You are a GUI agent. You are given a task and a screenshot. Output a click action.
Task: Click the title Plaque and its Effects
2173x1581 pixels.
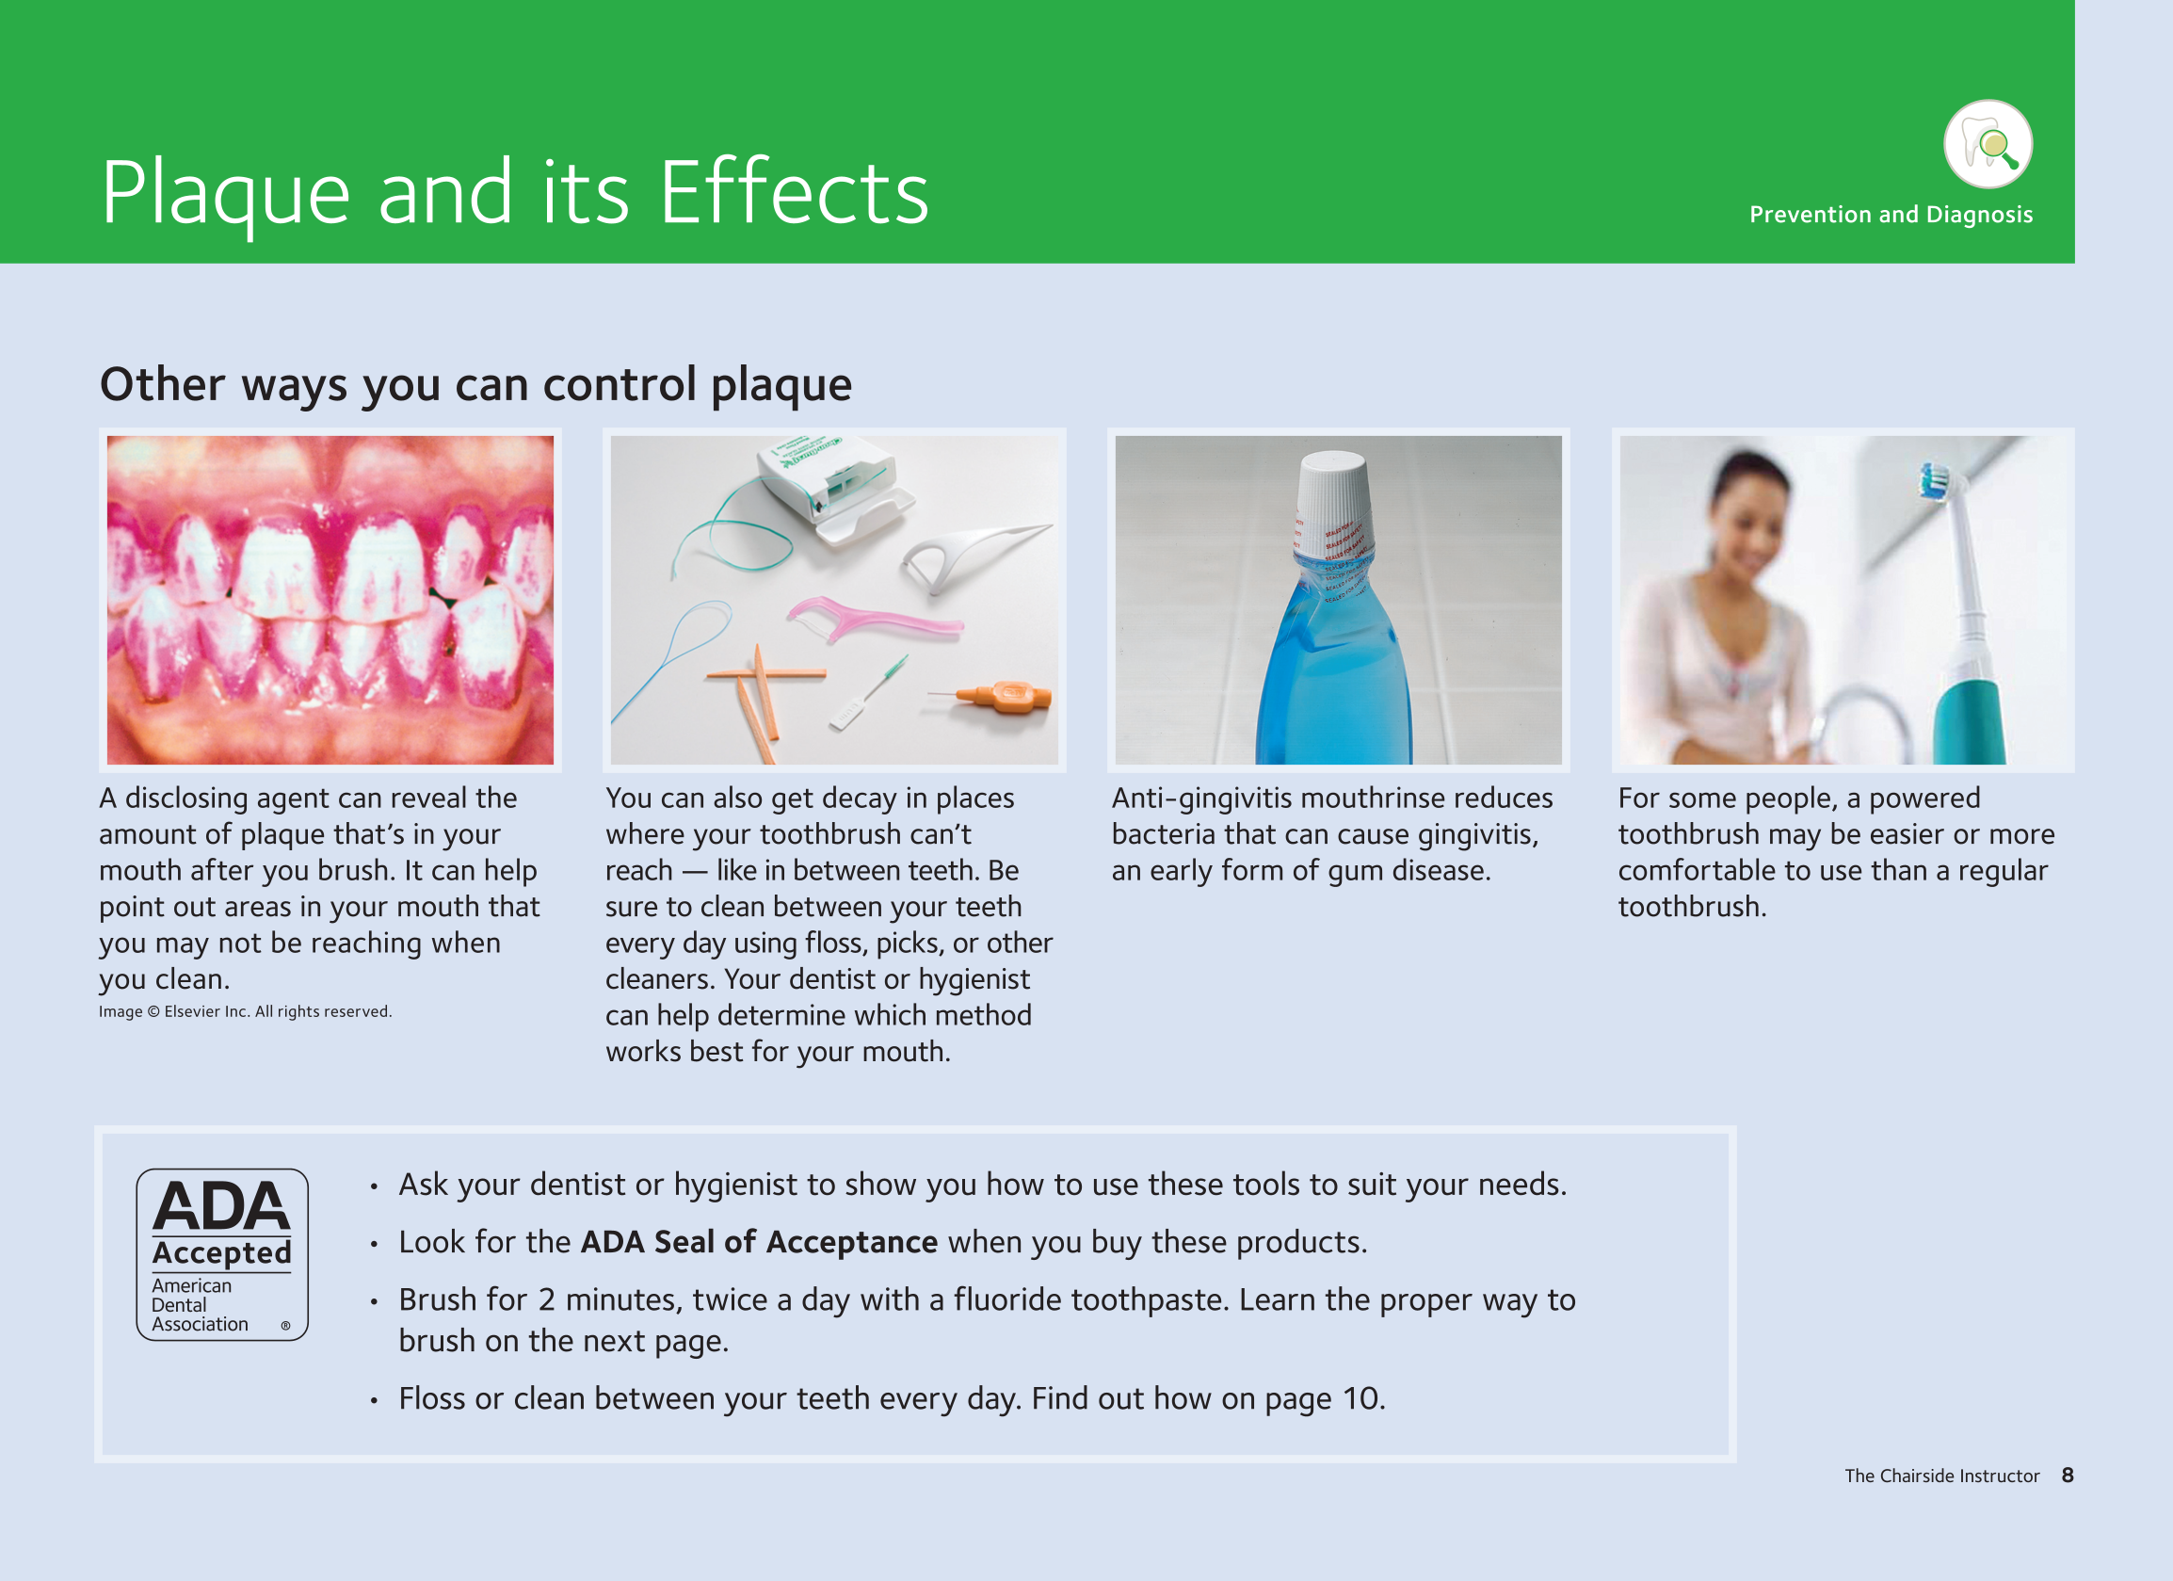tap(515, 194)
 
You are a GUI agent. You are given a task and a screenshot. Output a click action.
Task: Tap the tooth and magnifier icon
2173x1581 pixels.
tap(1988, 145)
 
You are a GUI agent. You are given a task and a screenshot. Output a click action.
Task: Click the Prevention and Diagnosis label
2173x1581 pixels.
tap(1891, 215)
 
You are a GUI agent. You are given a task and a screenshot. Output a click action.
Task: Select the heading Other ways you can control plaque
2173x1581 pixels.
tap(475, 385)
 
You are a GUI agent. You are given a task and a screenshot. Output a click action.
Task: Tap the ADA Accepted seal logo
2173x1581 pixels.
tap(222, 1254)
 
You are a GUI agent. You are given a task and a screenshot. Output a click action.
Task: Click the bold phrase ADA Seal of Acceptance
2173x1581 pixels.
tap(759, 1242)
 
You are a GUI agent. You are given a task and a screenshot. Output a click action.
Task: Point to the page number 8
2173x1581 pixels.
tap(2068, 1476)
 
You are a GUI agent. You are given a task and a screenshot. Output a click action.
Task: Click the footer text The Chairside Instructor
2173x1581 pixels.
tap(1942, 1476)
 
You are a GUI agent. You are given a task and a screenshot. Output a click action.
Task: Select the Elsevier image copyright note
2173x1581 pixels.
tap(246, 1012)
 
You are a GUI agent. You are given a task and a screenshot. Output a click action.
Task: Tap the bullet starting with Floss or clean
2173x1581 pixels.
tap(892, 1399)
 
